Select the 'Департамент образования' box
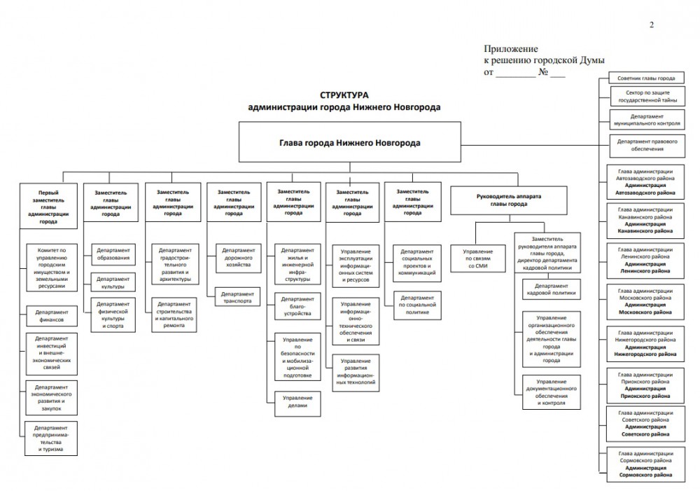tap(112, 254)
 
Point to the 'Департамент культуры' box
tap(112, 282)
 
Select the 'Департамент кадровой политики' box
tap(550, 290)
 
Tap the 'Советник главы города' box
tap(641, 78)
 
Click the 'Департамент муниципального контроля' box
tap(641, 118)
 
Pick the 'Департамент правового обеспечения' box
tap(641, 145)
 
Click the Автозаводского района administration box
tap(641, 181)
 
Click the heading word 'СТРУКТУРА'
tap(344, 95)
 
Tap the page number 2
tap(652, 26)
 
